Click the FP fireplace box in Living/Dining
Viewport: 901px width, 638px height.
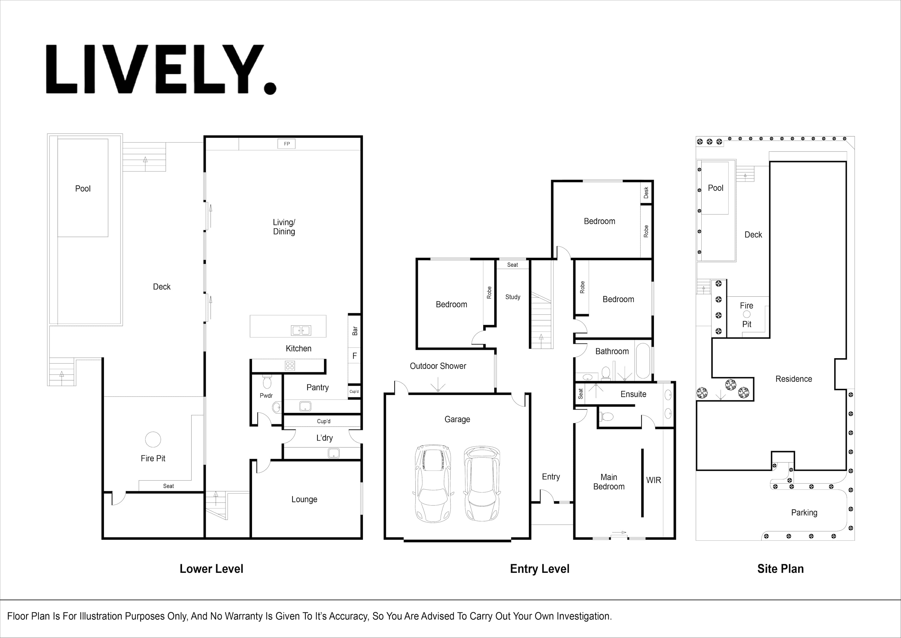287,144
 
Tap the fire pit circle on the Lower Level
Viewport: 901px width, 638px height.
153,440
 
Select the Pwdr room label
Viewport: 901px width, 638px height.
266,395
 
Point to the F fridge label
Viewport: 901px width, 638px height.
354,356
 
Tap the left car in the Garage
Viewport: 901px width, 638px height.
433,484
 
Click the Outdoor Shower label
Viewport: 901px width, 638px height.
438,366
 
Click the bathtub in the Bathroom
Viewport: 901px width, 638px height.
643,361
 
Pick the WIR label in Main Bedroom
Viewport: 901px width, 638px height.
654,480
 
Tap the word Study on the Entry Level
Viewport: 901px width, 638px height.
513,297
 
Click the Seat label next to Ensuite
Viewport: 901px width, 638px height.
581,394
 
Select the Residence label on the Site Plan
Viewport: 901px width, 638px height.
794,379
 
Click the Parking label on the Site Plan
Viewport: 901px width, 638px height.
804,513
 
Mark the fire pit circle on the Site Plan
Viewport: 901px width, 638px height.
747,314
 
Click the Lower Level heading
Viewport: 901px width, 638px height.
212,569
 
